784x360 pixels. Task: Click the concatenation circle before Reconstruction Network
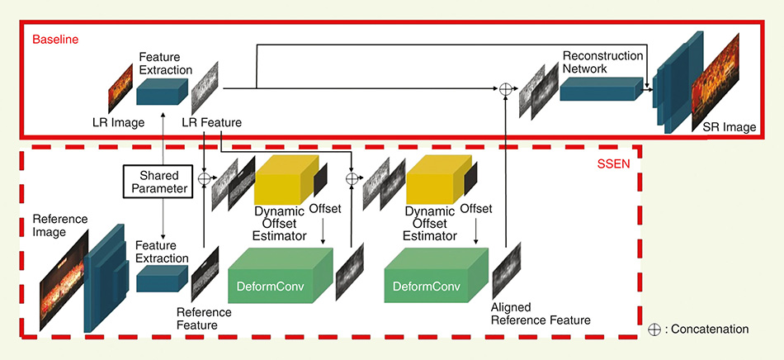point(504,88)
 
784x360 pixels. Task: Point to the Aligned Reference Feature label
point(541,313)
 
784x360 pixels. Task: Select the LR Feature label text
point(212,123)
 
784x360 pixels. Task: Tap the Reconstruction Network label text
point(602,62)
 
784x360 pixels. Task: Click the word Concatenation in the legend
point(710,329)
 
